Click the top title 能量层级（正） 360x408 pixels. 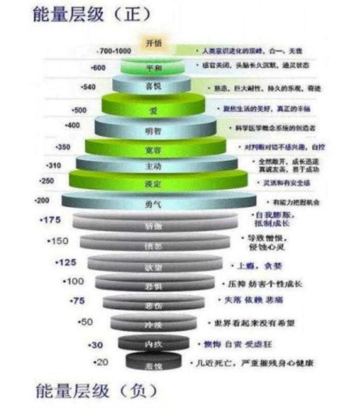pos(91,15)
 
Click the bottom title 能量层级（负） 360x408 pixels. pos(96,391)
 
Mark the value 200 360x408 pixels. pos(42,200)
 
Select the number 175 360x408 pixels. pos(51,220)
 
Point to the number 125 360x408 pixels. pos(66,263)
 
